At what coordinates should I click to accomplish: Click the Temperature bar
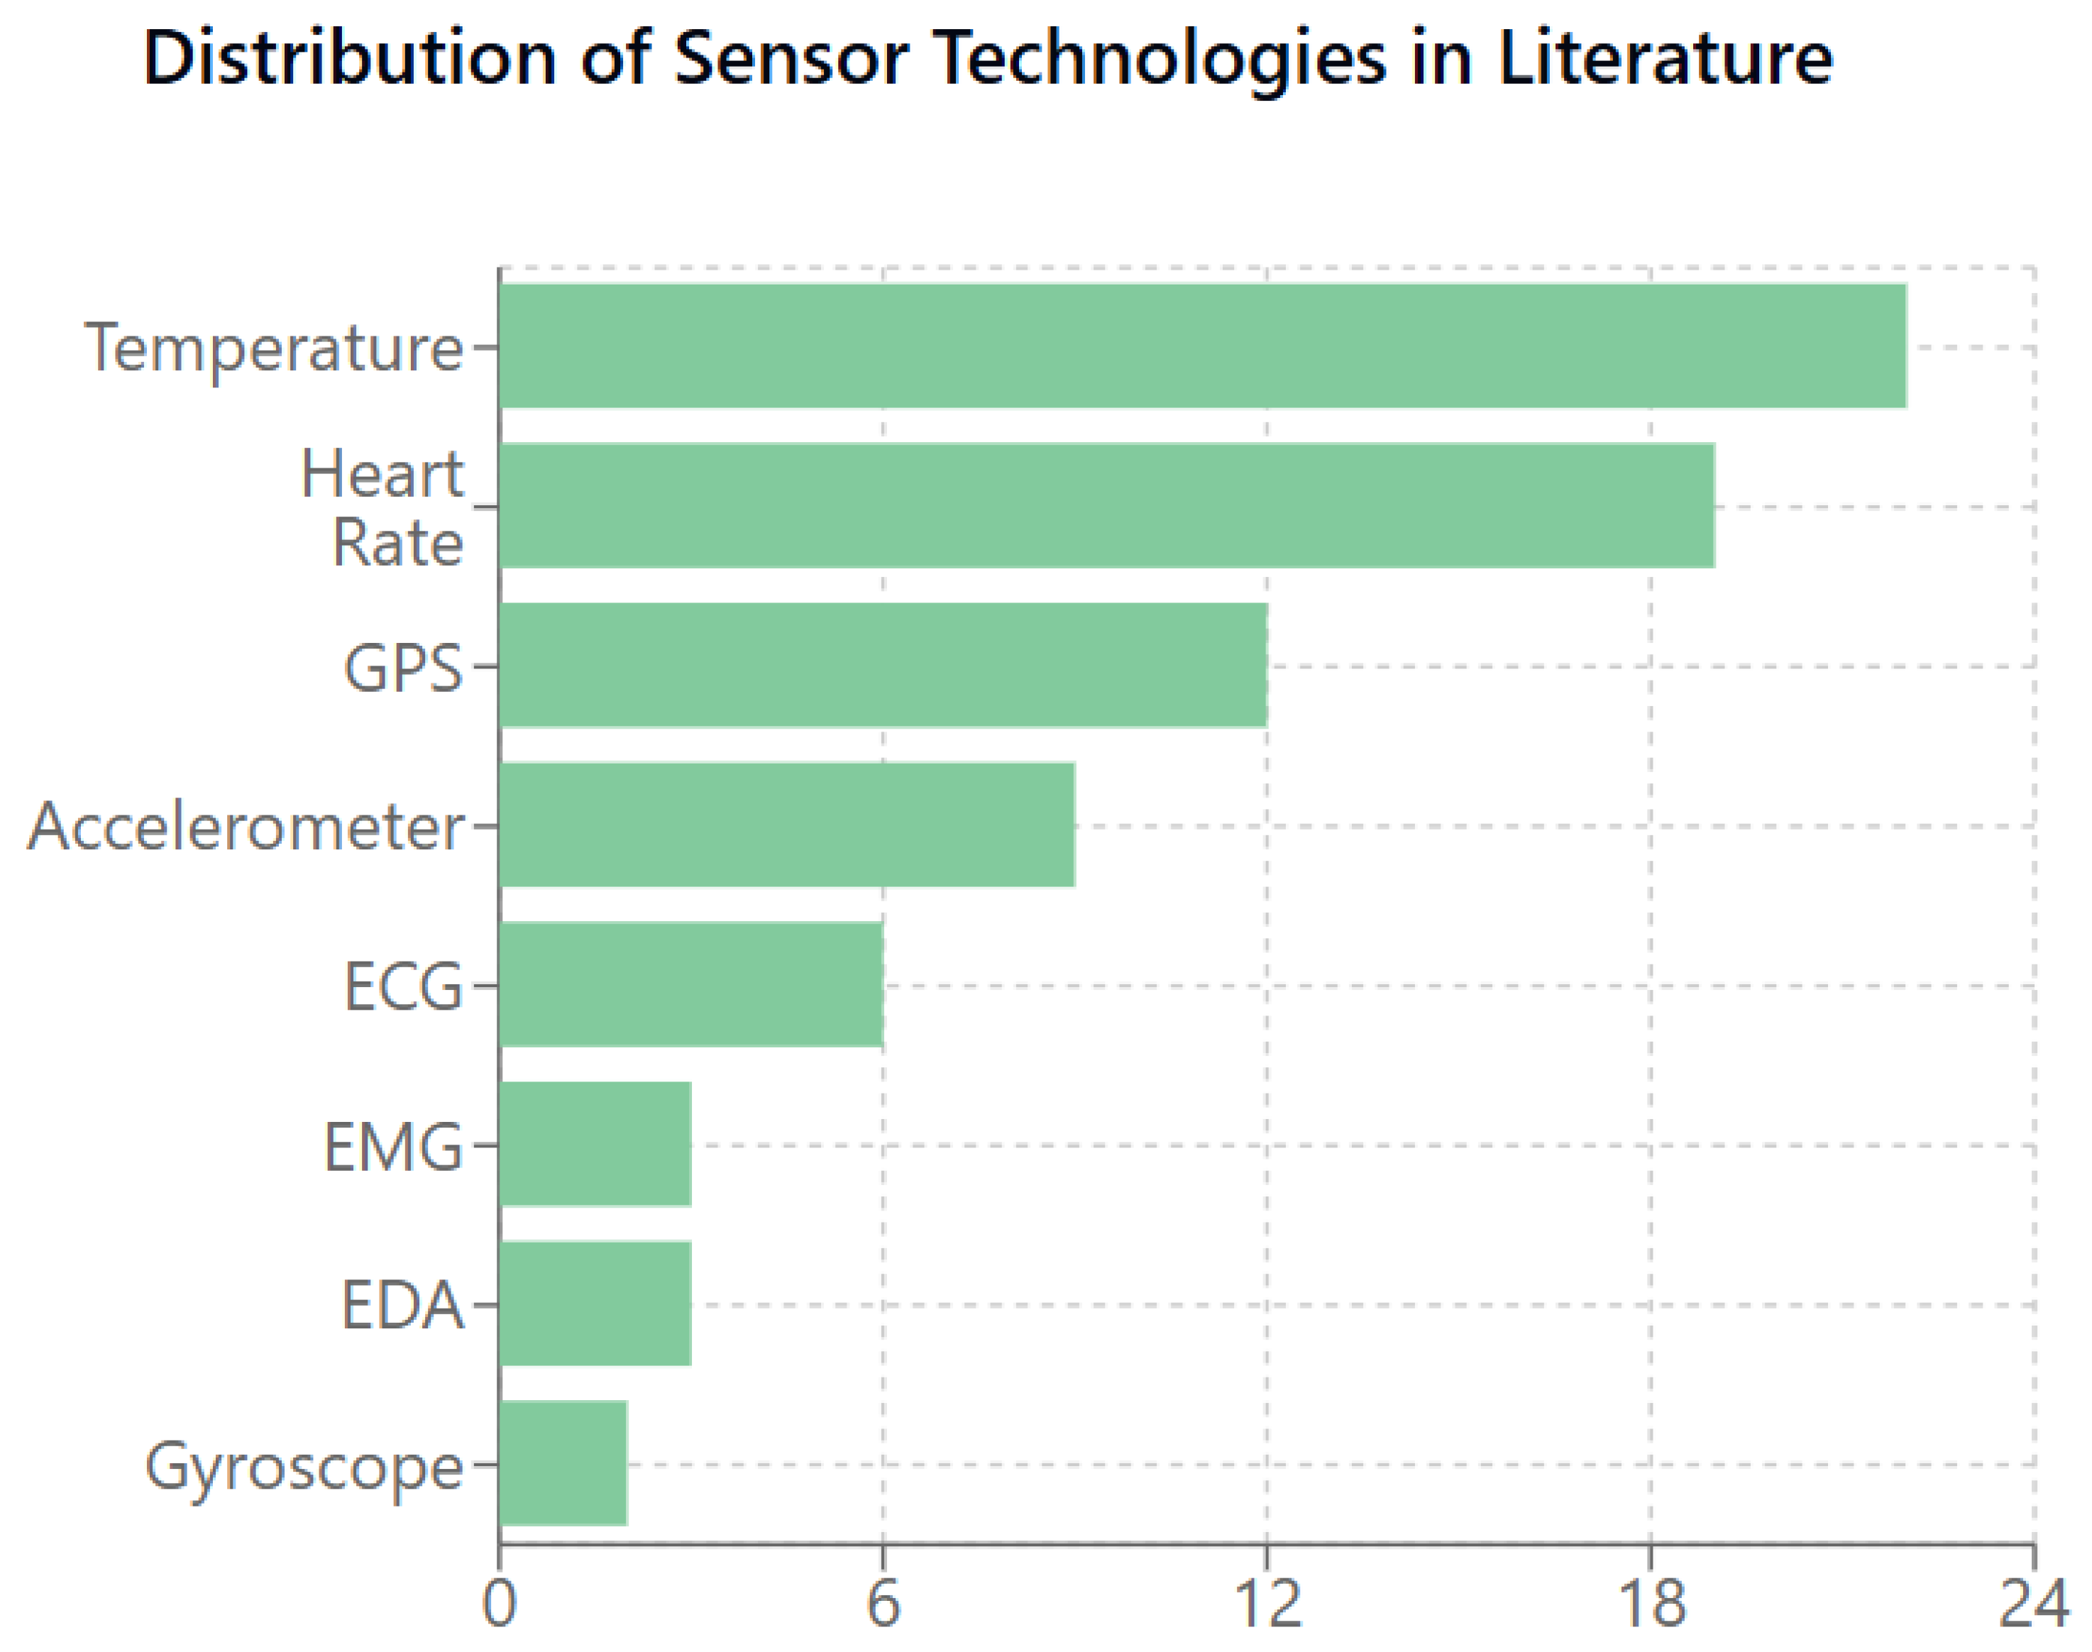[1202, 346]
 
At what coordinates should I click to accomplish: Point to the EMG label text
[392, 1147]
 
